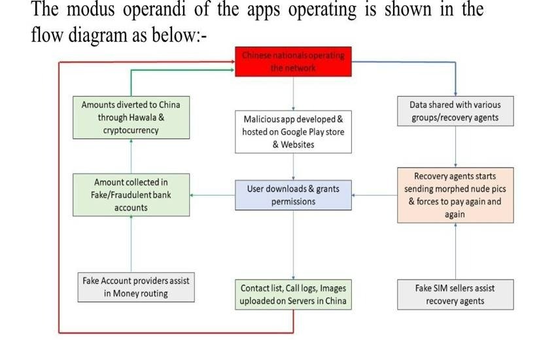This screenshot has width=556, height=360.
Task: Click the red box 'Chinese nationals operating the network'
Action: point(293,62)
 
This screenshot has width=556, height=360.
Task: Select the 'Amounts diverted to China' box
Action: point(131,117)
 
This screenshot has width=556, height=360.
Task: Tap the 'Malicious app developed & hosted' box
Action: point(293,132)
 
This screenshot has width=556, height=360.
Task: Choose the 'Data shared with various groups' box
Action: point(455,111)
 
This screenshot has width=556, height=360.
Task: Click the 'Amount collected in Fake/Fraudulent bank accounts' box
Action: point(131,194)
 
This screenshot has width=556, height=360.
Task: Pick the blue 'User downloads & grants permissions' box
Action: point(293,195)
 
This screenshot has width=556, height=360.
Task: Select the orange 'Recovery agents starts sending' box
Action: point(455,195)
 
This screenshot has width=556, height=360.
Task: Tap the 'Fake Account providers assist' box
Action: point(135,287)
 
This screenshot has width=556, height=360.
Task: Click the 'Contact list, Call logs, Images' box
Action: point(293,295)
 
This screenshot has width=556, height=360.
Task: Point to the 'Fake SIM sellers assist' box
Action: point(455,295)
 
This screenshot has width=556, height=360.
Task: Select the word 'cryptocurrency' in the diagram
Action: point(131,130)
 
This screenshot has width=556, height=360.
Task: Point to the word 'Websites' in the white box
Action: point(294,144)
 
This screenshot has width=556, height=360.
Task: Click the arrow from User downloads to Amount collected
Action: point(213,195)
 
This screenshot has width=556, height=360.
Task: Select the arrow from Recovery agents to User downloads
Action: point(374,195)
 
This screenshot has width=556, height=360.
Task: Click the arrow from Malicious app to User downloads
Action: point(293,167)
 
